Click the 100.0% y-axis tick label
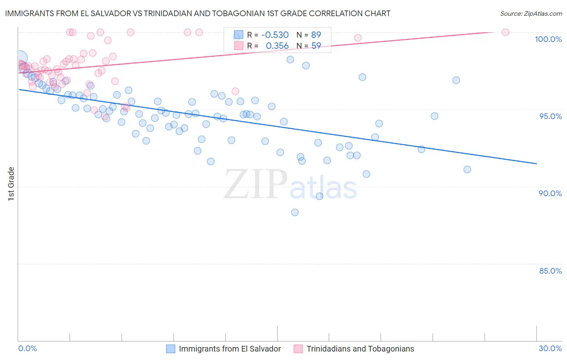548,39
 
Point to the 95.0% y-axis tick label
550,116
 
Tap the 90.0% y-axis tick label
550,193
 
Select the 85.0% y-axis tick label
550,271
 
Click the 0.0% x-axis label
27,348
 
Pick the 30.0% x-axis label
550,348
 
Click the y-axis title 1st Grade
11,184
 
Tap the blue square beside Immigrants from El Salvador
171,349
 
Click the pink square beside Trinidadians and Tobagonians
298,349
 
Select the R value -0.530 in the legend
275,35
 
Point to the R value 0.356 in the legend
277,46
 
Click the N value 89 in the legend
316,35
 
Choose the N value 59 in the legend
316,46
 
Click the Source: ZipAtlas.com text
531,14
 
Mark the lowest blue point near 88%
295,212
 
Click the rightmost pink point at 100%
505,32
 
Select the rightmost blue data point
467,170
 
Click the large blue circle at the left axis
21,58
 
